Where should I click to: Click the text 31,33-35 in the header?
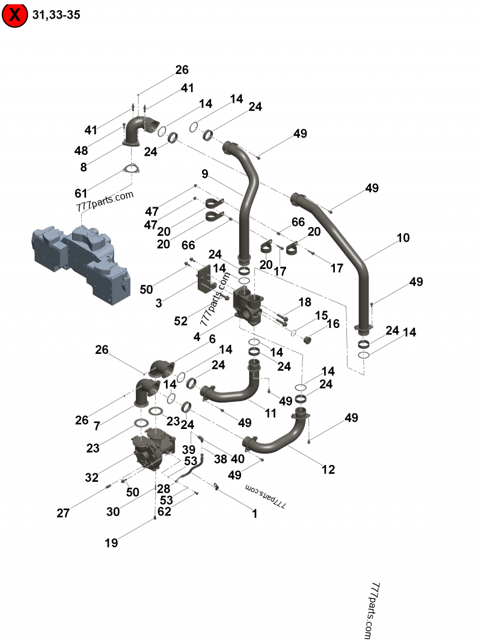coord(57,14)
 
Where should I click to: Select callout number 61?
coord(81,193)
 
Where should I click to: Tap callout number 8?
coord(83,166)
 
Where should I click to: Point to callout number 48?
coord(81,150)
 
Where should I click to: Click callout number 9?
coord(205,174)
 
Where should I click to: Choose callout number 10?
coord(403,238)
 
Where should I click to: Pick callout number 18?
coord(305,302)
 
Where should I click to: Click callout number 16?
coord(332,324)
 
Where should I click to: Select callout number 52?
coord(180,321)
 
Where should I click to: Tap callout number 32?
coord(91,478)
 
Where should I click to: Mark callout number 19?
coord(111,543)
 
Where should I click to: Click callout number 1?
coord(254,514)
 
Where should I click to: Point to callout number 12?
coord(328,470)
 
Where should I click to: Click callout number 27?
coord(63,513)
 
